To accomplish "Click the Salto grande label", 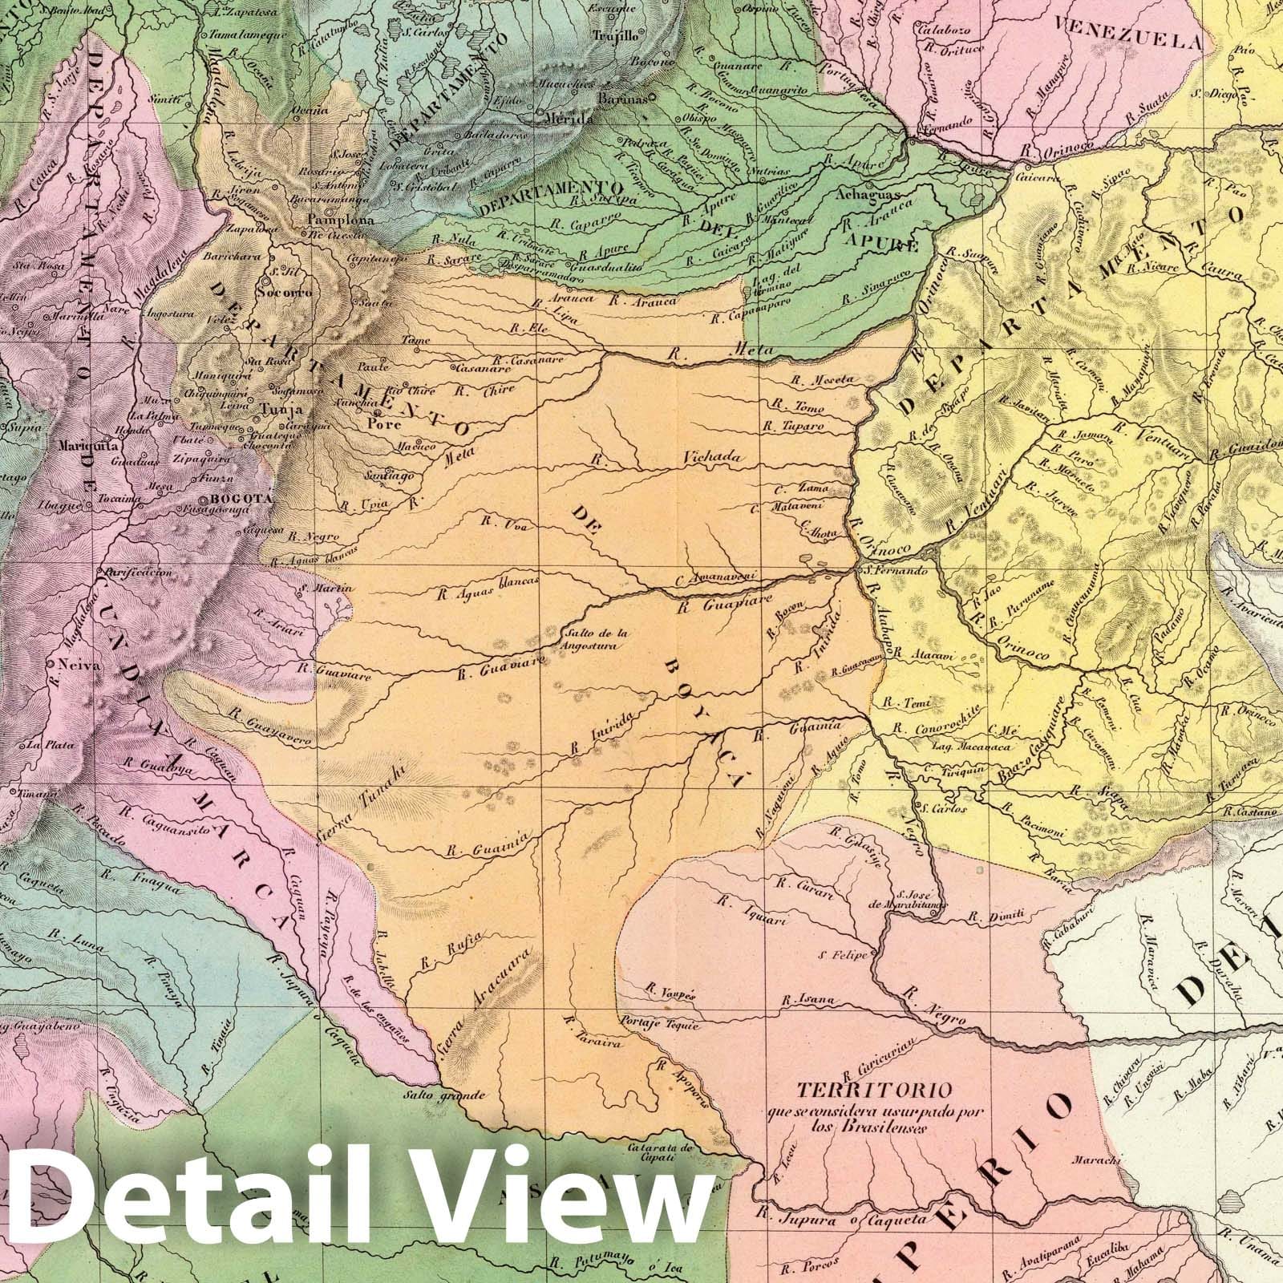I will click(x=436, y=1095).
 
